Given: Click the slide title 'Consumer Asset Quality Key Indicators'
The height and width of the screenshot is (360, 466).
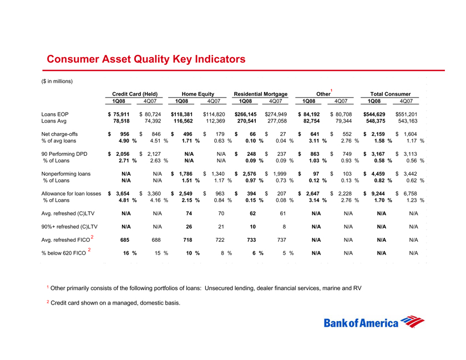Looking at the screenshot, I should (146, 59).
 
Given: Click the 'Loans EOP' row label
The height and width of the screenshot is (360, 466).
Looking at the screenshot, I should (56, 114).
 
